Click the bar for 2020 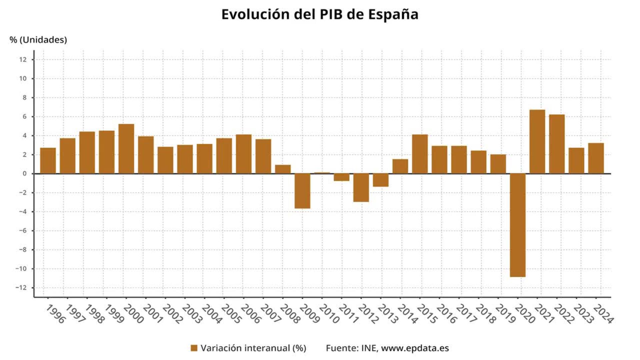coord(518,225)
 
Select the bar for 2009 coord(302,191)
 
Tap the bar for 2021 coord(537,142)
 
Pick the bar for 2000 coord(126,149)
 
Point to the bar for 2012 coord(361,188)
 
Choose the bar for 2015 coord(420,154)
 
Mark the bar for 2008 coord(283,169)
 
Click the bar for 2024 coord(596,158)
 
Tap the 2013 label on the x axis coord(388,314)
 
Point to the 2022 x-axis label coord(564,314)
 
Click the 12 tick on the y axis coord(23,60)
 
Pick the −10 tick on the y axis coord(21,269)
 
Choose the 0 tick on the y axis coord(24,174)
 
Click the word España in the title coord(393,14)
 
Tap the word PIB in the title coord(331,14)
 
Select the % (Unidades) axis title coord(38,40)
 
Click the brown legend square coord(194,348)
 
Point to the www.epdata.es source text coord(415,348)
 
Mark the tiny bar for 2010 coord(322,173)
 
